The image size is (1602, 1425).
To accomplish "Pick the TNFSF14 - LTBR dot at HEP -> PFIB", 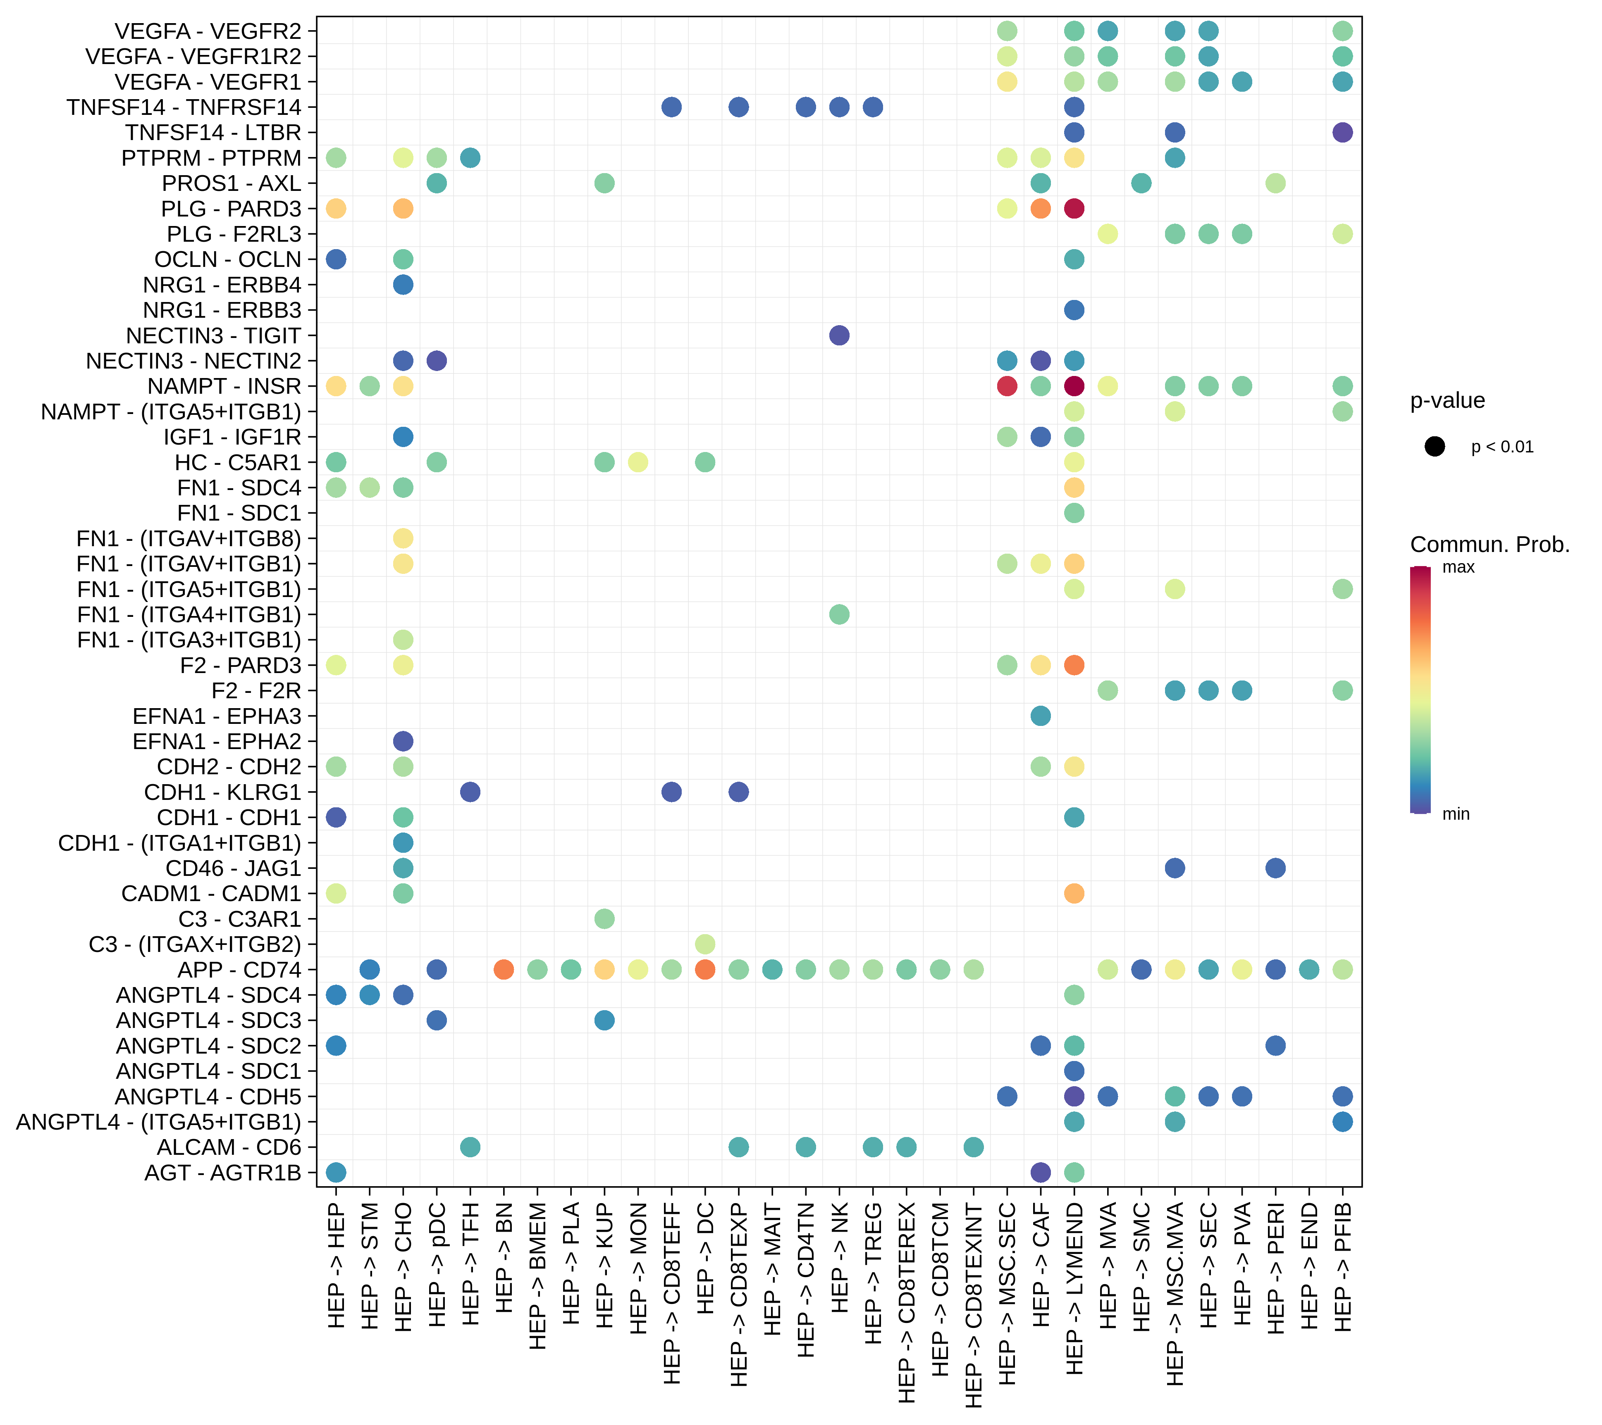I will pos(1342,132).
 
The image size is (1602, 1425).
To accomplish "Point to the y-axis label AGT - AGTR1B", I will pos(222,1173).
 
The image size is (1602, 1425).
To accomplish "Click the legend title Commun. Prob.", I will pos(1489,545).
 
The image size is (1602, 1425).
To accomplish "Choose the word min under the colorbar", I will pos(1455,814).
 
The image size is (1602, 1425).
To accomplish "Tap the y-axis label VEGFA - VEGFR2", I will pos(208,31).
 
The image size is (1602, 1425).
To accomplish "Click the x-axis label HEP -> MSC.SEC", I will pos(1007,1293).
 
